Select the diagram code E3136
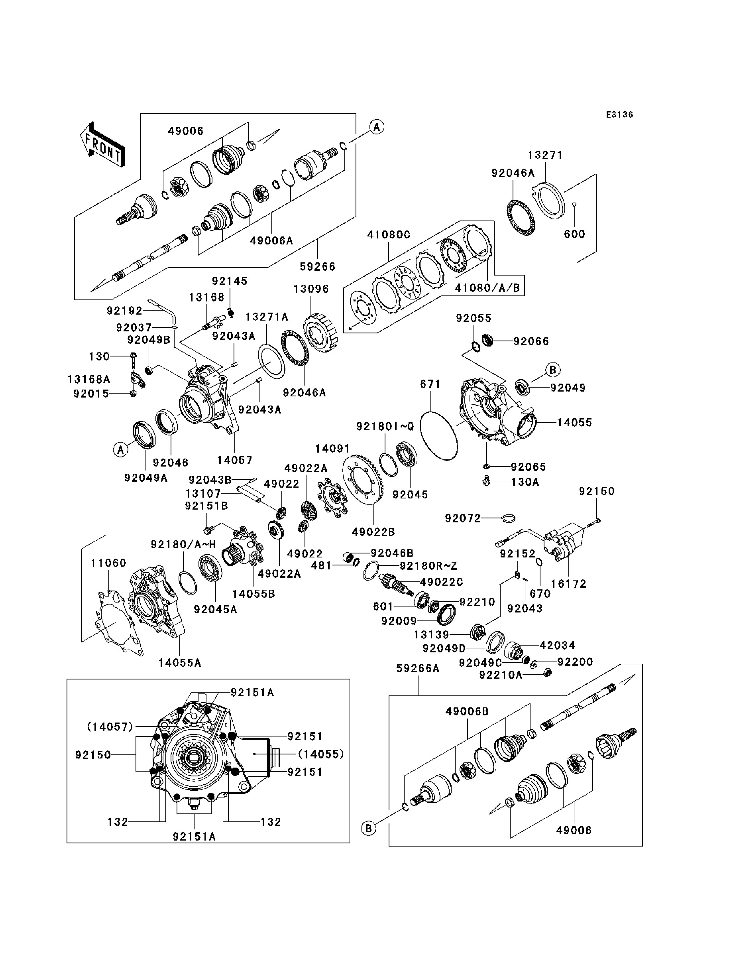pyautogui.click(x=620, y=115)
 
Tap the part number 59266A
pyautogui.click(x=418, y=668)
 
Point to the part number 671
pyautogui.click(x=430, y=384)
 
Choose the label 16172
pyautogui.click(x=569, y=584)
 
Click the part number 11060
pyautogui.click(x=108, y=563)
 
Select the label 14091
pyautogui.click(x=332, y=449)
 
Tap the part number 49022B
pyautogui.click(x=373, y=532)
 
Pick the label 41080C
pyautogui.click(x=389, y=235)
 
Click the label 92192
pyautogui.click(x=124, y=311)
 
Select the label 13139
pyautogui.click(x=432, y=635)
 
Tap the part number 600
pyautogui.click(x=574, y=234)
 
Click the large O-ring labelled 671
pyautogui.click(x=439, y=435)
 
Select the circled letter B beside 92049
pyautogui.click(x=552, y=370)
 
